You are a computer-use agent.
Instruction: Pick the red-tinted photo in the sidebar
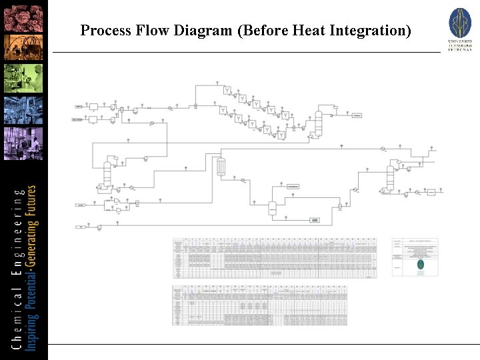click(24, 15)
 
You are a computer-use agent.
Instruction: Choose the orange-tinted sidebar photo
click(24, 46)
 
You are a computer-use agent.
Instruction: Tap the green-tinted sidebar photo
click(24, 78)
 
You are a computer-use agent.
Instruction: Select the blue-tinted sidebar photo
click(24, 111)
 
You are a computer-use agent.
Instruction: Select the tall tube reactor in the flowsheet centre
click(222, 166)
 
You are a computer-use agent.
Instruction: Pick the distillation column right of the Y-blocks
click(319, 122)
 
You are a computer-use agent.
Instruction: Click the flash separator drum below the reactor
click(272, 207)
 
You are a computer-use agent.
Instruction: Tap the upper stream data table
click(273, 257)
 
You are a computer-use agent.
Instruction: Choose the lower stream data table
click(259, 306)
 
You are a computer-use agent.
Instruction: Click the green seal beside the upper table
click(419, 265)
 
